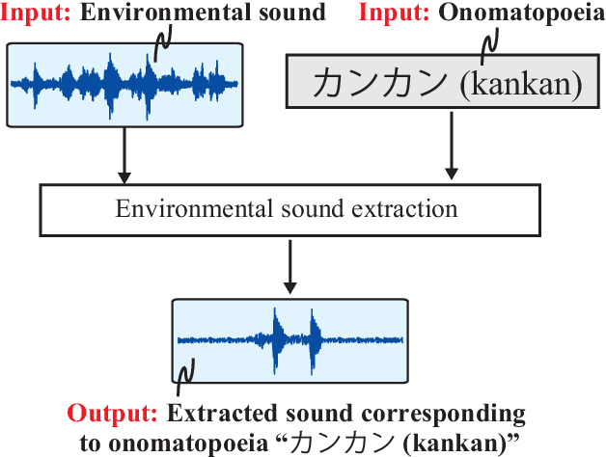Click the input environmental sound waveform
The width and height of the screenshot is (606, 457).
[x=125, y=83]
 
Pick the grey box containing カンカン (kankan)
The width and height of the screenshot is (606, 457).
[x=435, y=81]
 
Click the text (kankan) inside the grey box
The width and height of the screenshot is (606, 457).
[x=522, y=85]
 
